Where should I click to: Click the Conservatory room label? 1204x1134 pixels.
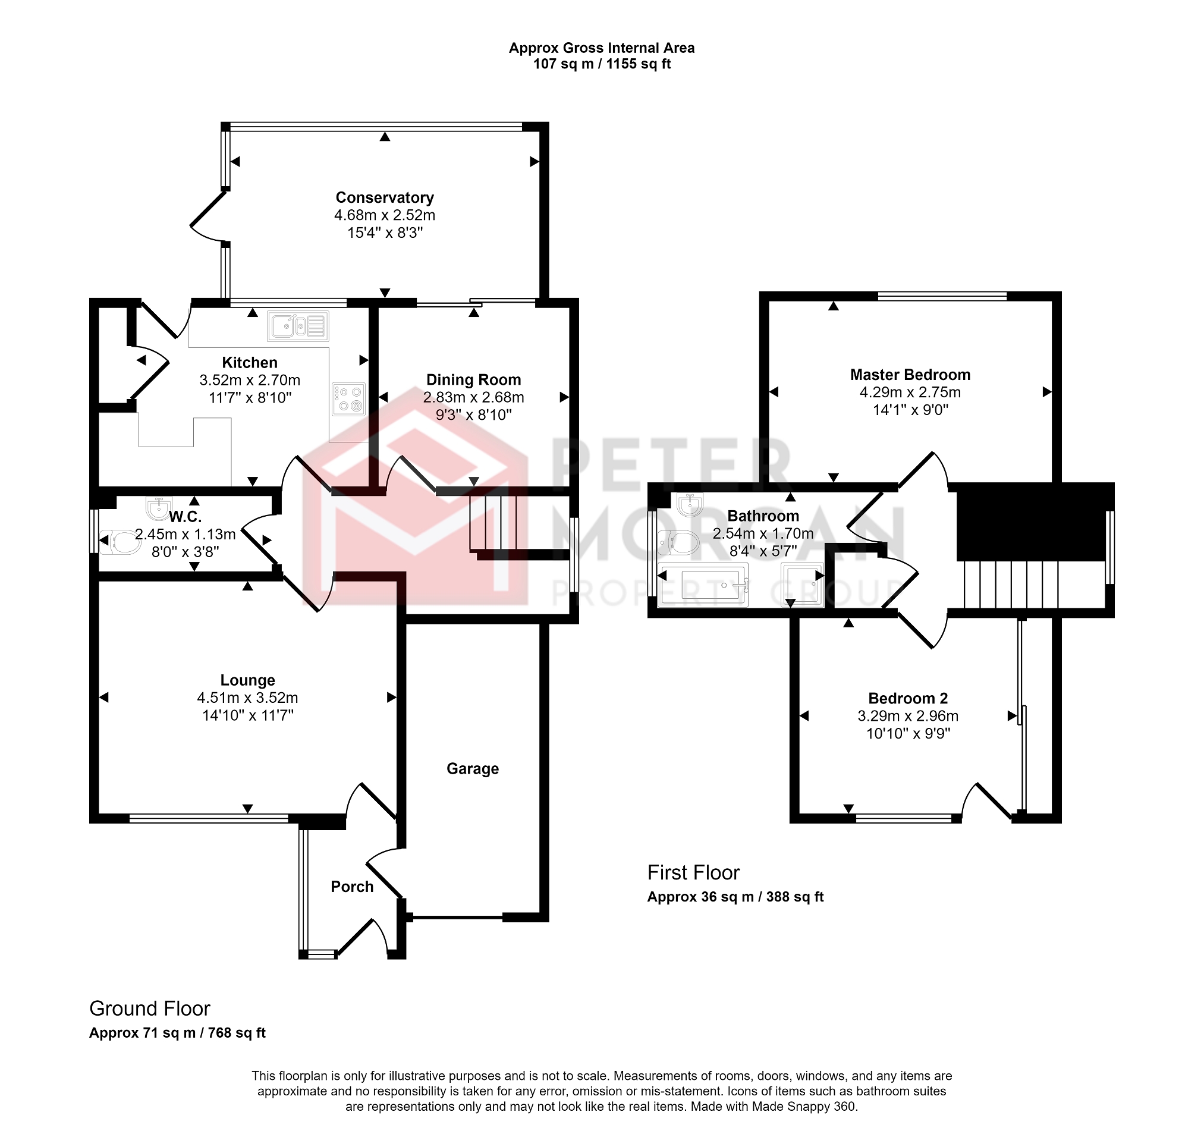pos(385,197)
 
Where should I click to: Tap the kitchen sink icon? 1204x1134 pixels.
pos(298,326)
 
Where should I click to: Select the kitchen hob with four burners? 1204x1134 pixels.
pos(349,399)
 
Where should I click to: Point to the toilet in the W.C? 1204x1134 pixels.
pos(120,542)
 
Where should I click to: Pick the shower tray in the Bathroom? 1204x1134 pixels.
pos(803,585)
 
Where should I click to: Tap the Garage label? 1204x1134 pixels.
pos(473,769)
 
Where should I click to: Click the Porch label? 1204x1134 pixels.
pos(352,887)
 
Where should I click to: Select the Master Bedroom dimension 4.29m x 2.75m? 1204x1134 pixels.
pos(910,392)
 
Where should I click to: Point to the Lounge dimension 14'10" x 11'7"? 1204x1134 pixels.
pos(247,715)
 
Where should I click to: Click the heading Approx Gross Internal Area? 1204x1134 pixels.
pos(601,48)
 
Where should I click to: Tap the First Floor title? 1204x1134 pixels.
pos(693,872)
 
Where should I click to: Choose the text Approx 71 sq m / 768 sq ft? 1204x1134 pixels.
pos(177,1033)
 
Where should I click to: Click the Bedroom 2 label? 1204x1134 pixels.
pos(908,699)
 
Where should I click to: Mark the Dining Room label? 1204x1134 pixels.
pos(473,380)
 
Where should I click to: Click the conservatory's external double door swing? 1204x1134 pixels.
pos(208,217)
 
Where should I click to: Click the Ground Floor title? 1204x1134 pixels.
pos(150,1009)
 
